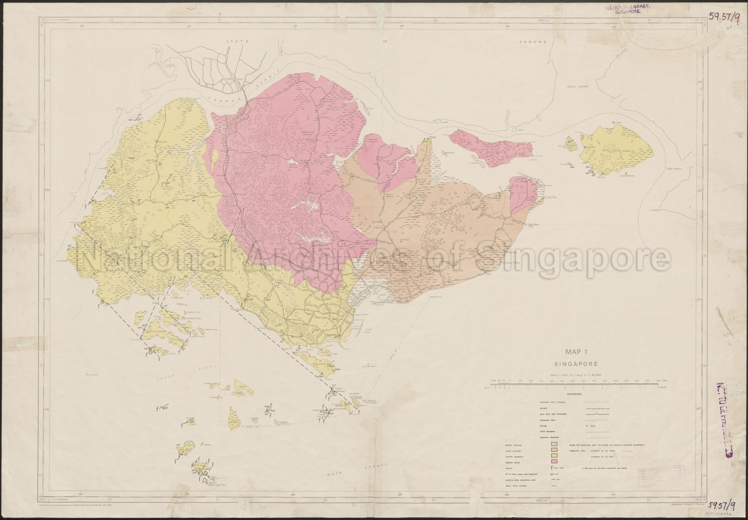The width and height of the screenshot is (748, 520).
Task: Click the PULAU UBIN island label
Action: (493, 152)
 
